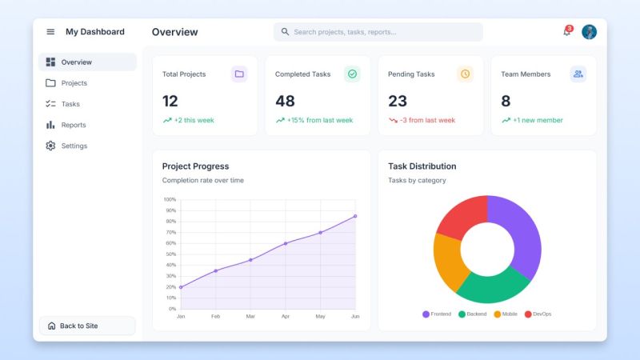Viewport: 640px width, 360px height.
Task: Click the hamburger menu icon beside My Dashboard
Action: coord(50,32)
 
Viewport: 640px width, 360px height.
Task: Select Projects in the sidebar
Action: coord(74,83)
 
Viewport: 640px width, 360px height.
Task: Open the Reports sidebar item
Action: coord(73,125)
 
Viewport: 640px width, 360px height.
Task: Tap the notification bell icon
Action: coord(567,32)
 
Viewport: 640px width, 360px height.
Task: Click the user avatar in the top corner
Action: coord(589,32)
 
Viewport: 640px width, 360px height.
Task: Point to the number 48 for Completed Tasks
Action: coord(285,101)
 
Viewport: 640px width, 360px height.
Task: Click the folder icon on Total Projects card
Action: coord(239,74)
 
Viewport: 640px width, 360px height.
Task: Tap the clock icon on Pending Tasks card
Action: coord(465,74)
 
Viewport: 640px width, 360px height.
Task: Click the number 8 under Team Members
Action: coord(506,101)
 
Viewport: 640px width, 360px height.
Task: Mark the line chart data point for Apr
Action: coord(286,243)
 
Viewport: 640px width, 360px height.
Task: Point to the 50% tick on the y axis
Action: coord(170,254)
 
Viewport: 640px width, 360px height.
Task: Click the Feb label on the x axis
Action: coord(215,317)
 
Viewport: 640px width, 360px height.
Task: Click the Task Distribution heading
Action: coord(422,166)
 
